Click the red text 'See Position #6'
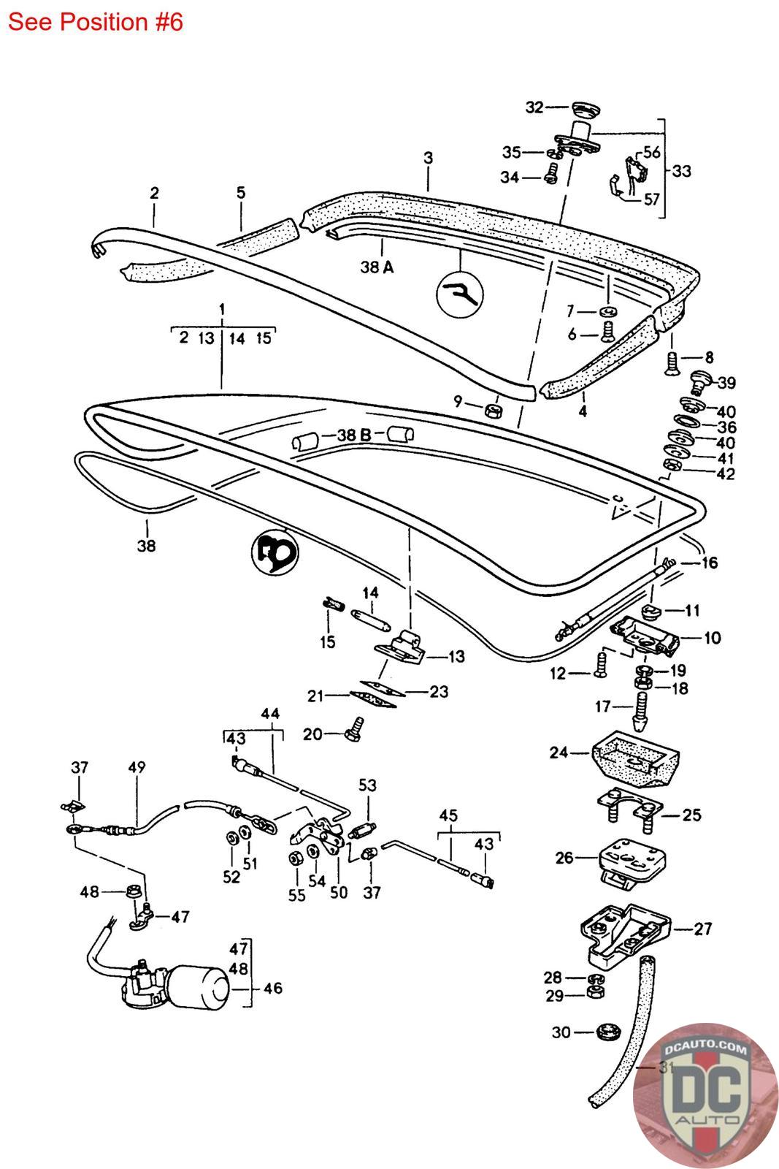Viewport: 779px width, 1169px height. pos(95,22)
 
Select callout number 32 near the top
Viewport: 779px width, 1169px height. pos(534,107)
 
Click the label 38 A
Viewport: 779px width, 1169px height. pos(377,267)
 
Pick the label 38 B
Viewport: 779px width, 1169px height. pos(355,435)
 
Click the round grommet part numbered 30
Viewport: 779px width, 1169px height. pos(605,1032)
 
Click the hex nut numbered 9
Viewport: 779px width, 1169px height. pos(493,408)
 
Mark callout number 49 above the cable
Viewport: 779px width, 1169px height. pos(137,767)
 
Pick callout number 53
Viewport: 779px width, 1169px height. pos(367,785)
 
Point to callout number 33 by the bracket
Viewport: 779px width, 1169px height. pos(681,171)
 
